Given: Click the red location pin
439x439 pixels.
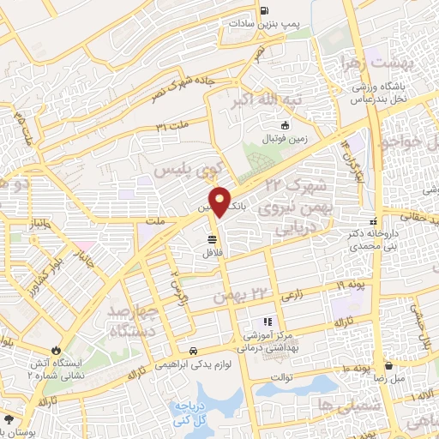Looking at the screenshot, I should (x=221, y=201).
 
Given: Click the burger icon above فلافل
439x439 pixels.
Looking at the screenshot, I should (x=211, y=238).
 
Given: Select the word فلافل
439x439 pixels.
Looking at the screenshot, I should (x=211, y=254).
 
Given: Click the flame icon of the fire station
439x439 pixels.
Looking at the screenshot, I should (x=57, y=352).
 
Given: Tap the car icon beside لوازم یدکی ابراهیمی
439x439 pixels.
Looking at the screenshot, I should (x=195, y=351).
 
